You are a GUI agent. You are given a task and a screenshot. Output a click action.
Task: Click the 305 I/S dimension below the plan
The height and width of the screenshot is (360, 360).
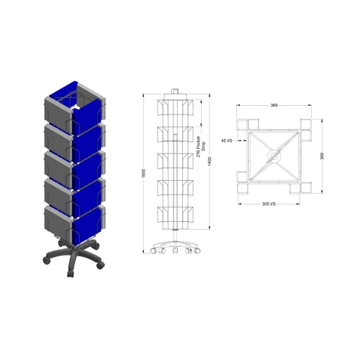coord(269,204)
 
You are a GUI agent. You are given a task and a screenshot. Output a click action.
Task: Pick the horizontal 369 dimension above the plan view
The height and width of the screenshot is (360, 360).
coord(274,106)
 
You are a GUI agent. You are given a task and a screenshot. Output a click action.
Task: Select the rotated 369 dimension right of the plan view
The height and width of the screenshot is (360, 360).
coord(322,156)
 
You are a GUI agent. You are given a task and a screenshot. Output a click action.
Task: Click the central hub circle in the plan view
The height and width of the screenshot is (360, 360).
coord(274,154)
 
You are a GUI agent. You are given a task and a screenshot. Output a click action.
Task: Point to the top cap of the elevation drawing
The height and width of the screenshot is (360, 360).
coord(174,93)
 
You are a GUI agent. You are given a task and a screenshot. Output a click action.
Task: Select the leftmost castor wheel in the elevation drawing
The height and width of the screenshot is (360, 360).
coord(154,252)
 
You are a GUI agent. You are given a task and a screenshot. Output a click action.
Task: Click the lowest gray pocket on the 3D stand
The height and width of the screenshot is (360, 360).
coord(58,222)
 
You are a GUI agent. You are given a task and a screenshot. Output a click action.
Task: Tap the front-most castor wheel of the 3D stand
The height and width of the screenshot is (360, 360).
coord(70,275)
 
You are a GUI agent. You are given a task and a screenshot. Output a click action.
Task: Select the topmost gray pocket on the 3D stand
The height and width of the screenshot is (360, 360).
coord(58,109)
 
